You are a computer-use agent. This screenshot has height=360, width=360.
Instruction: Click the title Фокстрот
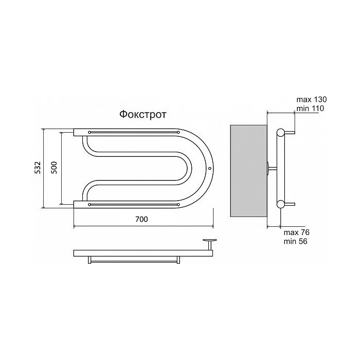coord(142,114)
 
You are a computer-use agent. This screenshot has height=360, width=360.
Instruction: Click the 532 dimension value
coord(38,167)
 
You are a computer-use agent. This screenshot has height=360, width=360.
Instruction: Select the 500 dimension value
coord(53,167)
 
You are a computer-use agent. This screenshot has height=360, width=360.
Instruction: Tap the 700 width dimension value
coord(141,219)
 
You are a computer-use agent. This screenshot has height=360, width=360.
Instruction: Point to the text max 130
coord(311,99)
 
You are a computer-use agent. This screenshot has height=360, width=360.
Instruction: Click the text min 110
coord(310,108)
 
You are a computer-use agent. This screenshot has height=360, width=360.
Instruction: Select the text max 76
coord(297,232)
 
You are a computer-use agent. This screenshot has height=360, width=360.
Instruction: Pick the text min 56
coord(295,241)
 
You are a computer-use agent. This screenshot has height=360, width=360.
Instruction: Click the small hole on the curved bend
coord(209,168)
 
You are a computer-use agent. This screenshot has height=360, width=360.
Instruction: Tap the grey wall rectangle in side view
coord(248,171)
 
